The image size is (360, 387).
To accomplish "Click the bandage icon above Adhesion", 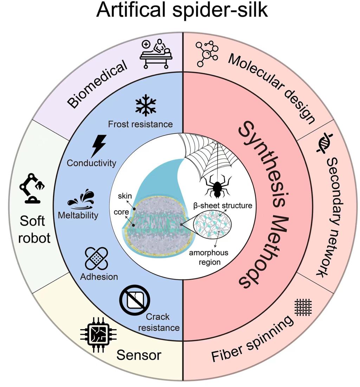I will click(96, 259).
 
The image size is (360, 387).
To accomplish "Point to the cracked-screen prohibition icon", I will click(134, 299).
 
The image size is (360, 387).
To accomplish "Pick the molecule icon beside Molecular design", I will click(207, 53).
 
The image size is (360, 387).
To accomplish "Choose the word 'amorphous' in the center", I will click(209, 253).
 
